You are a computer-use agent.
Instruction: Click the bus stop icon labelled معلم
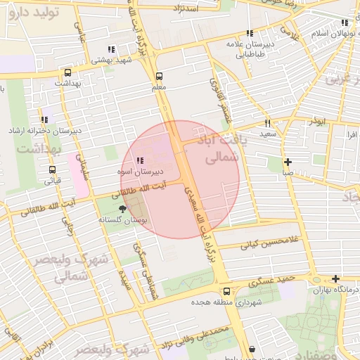point(158,76)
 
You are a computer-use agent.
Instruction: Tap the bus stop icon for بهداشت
point(67,72)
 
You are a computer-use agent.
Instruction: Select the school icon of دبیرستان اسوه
point(139,161)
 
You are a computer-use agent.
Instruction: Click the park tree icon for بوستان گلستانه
point(124,209)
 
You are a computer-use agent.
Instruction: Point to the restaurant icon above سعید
point(268,123)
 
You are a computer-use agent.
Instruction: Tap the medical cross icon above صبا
point(288,162)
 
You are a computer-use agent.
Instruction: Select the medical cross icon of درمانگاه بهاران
point(336,279)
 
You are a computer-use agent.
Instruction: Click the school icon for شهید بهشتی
point(110,49)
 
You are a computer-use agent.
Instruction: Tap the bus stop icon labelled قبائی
point(52,169)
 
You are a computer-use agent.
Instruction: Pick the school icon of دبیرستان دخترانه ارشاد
point(45,120)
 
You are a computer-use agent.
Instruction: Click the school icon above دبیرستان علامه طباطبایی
point(249,32)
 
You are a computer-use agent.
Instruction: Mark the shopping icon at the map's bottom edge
point(252,349)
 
